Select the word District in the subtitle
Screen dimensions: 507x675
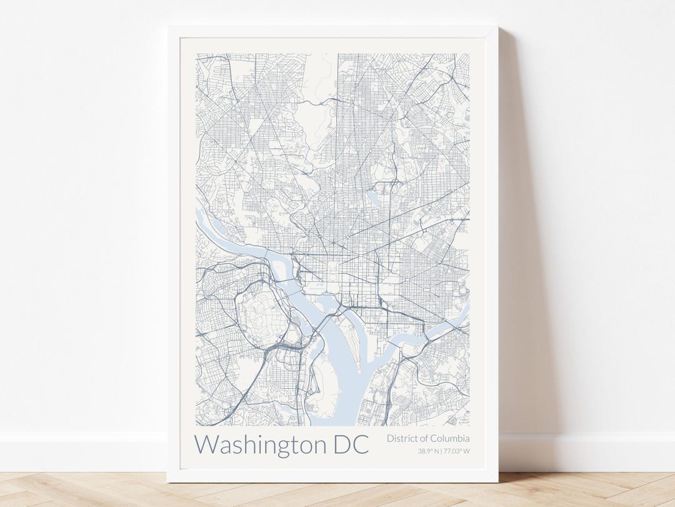[402, 439]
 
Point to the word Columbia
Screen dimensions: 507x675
[450, 439]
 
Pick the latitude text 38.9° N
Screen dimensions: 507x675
[429, 451]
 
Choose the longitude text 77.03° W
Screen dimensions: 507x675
[457, 451]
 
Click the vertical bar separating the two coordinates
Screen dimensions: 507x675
[441, 451]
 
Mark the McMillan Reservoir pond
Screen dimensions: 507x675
[374, 197]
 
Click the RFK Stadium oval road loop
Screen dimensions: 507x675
[462, 291]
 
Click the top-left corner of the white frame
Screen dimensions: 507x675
[168, 27]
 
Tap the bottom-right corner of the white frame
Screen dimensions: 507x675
[497, 481]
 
